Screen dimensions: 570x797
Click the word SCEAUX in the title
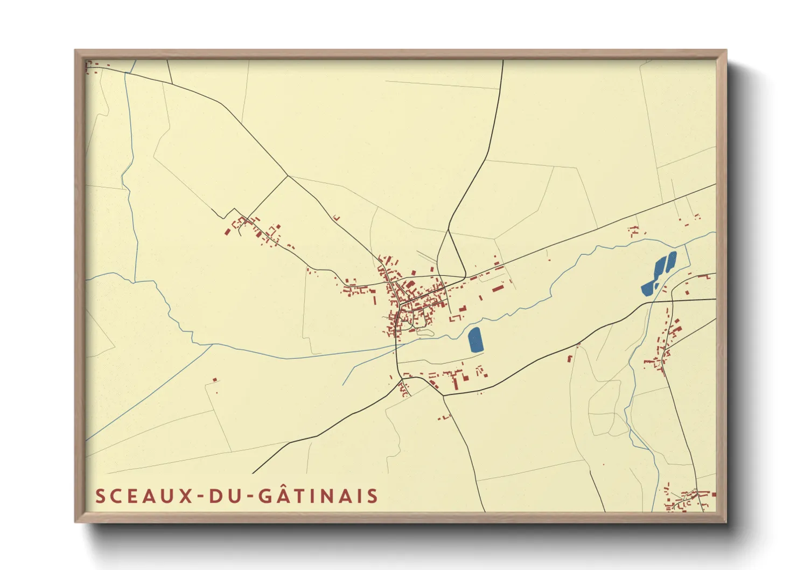coord(144,496)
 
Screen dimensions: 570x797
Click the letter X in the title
coord(186,496)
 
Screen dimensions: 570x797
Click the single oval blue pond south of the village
coord(475,340)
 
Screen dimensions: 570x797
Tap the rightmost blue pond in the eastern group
coord(671,261)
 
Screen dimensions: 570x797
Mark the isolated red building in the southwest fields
coord(214,380)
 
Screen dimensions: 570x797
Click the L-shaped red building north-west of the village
coord(337,218)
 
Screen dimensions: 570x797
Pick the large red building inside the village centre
coord(410,284)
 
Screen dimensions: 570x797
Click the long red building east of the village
coord(497,289)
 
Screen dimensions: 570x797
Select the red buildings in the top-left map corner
coord(93,67)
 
